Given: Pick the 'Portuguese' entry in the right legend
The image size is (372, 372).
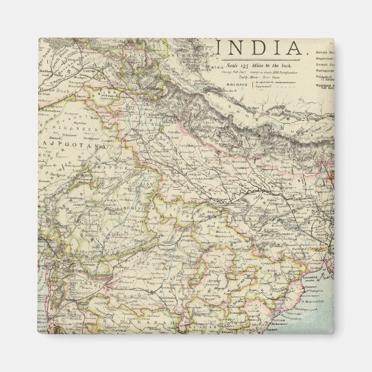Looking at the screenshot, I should tap(325, 71).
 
